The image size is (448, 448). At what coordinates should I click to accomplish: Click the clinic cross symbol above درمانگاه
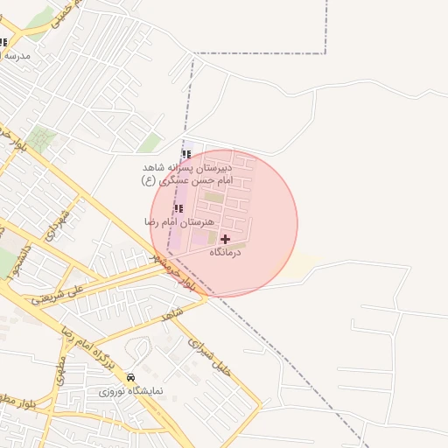coord(226,239)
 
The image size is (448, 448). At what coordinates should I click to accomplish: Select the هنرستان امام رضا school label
coord(179,222)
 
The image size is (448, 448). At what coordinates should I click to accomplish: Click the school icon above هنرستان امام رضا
coord(179,208)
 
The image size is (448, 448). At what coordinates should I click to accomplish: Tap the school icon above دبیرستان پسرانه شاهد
coord(186,153)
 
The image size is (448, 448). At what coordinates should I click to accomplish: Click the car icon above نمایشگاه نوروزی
coord(131,377)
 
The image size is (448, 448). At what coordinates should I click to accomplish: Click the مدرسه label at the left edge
coord(15,55)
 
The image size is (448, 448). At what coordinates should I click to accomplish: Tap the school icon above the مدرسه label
coord(3,41)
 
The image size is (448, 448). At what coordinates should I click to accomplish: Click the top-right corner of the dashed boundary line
coord(326,53)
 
